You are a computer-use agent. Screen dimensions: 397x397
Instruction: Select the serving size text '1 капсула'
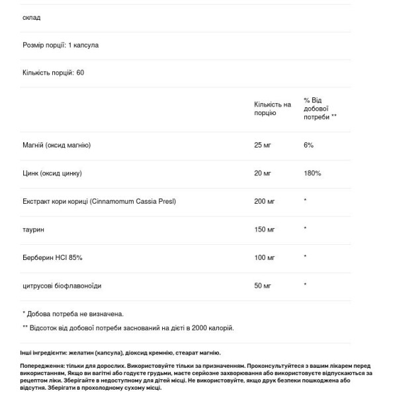pos(83,45)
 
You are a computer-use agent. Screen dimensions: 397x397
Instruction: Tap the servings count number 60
pos(80,72)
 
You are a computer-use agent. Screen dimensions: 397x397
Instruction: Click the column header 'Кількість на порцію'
pos(272,109)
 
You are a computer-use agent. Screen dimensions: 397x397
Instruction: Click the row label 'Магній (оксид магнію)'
pos(56,145)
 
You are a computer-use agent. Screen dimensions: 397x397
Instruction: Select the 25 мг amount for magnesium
pos(263,145)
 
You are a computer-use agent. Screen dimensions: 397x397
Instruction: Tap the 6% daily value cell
pos(308,145)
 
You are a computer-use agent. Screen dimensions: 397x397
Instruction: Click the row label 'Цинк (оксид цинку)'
pos(52,173)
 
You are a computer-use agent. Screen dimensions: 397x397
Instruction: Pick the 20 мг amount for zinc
pos(263,173)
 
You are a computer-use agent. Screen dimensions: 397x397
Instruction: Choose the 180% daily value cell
pos(312,173)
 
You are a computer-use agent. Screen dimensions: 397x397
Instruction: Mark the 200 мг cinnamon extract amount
pos(265,200)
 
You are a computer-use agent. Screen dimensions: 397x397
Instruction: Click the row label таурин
pos(33,229)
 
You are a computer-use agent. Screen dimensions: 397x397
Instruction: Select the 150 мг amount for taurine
pos(265,229)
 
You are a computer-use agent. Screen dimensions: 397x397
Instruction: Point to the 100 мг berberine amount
pos(265,257)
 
